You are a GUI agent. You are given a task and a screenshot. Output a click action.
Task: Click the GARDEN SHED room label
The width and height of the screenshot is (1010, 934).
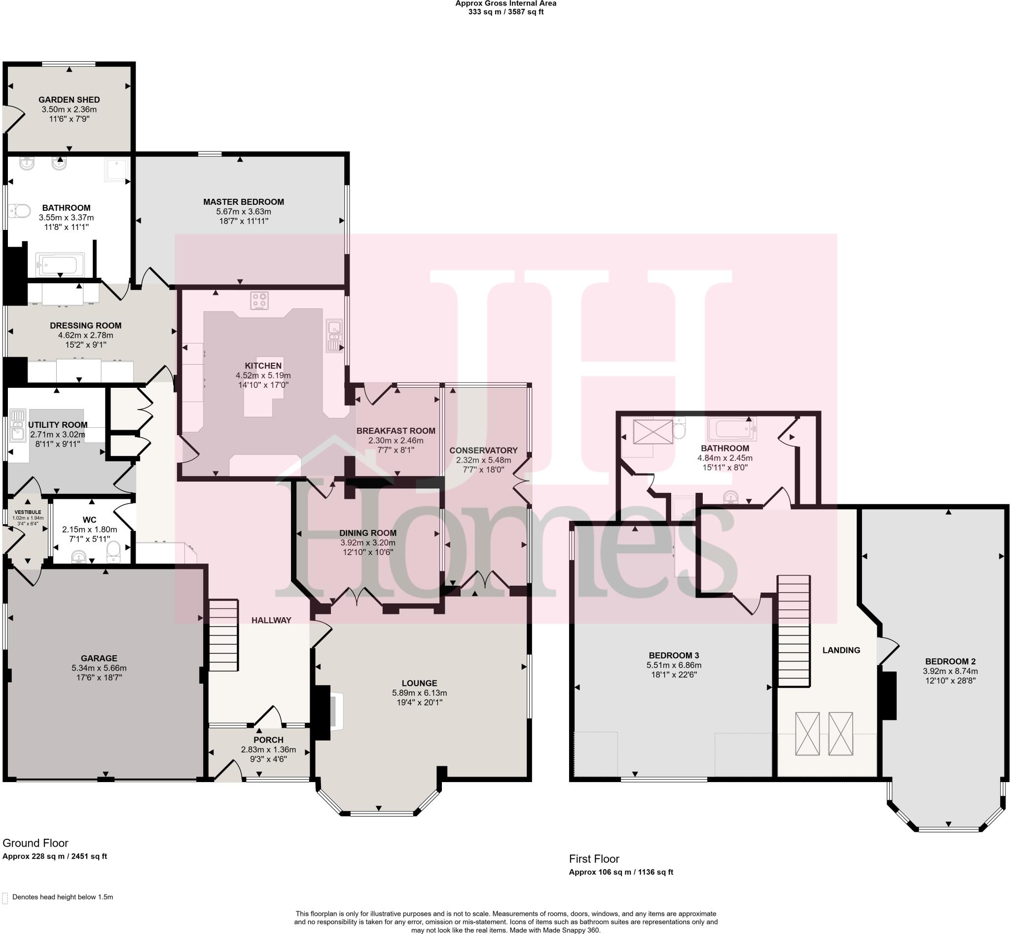69,100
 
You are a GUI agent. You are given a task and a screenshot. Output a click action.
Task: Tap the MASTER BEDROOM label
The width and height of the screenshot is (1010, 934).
244,202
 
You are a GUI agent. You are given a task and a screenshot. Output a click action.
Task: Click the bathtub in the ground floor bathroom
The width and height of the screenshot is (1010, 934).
60,264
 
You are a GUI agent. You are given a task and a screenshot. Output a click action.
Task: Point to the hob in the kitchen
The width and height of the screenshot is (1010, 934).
259,300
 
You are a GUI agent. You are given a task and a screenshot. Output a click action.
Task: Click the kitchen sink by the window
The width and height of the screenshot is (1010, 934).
334,335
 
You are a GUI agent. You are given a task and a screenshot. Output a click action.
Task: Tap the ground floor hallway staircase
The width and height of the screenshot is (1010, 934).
223,642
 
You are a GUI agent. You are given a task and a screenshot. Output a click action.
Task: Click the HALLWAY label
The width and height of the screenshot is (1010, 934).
271,621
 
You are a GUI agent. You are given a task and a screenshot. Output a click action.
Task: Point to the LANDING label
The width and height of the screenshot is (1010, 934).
841,650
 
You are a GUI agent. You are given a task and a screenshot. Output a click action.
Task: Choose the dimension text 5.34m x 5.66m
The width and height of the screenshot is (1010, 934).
99,668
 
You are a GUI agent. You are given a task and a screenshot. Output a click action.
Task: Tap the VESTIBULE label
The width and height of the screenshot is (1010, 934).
28,512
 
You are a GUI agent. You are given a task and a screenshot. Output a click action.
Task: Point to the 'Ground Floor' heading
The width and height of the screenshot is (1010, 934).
36,843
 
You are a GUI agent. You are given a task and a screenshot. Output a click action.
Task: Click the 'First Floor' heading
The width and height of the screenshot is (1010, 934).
594,859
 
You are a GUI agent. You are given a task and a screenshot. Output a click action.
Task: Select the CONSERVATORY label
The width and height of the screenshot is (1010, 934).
483,450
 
